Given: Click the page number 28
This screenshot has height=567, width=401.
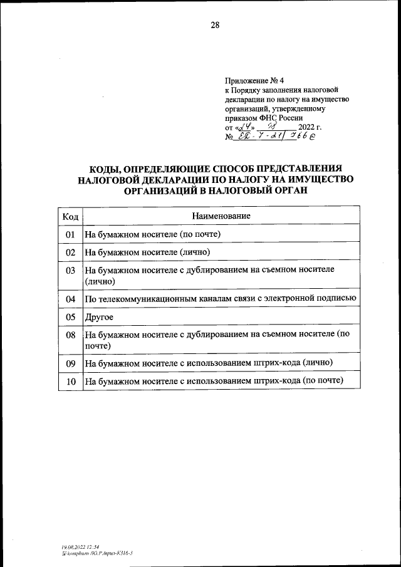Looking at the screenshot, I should point(215,25).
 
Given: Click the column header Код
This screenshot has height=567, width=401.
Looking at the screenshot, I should point(71,216).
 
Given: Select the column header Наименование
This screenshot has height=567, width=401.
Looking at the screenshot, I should point(222,216).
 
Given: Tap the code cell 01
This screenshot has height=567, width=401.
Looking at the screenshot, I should point(71,234).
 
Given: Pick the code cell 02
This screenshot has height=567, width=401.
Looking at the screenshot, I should point(71,252).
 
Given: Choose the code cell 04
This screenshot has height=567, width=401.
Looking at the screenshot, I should point(71,299).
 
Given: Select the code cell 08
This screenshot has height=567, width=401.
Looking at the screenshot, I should point(71,335).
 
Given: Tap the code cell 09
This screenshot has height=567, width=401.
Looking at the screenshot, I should point(71,363).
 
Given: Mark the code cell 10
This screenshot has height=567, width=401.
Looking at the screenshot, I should point(71,381).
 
